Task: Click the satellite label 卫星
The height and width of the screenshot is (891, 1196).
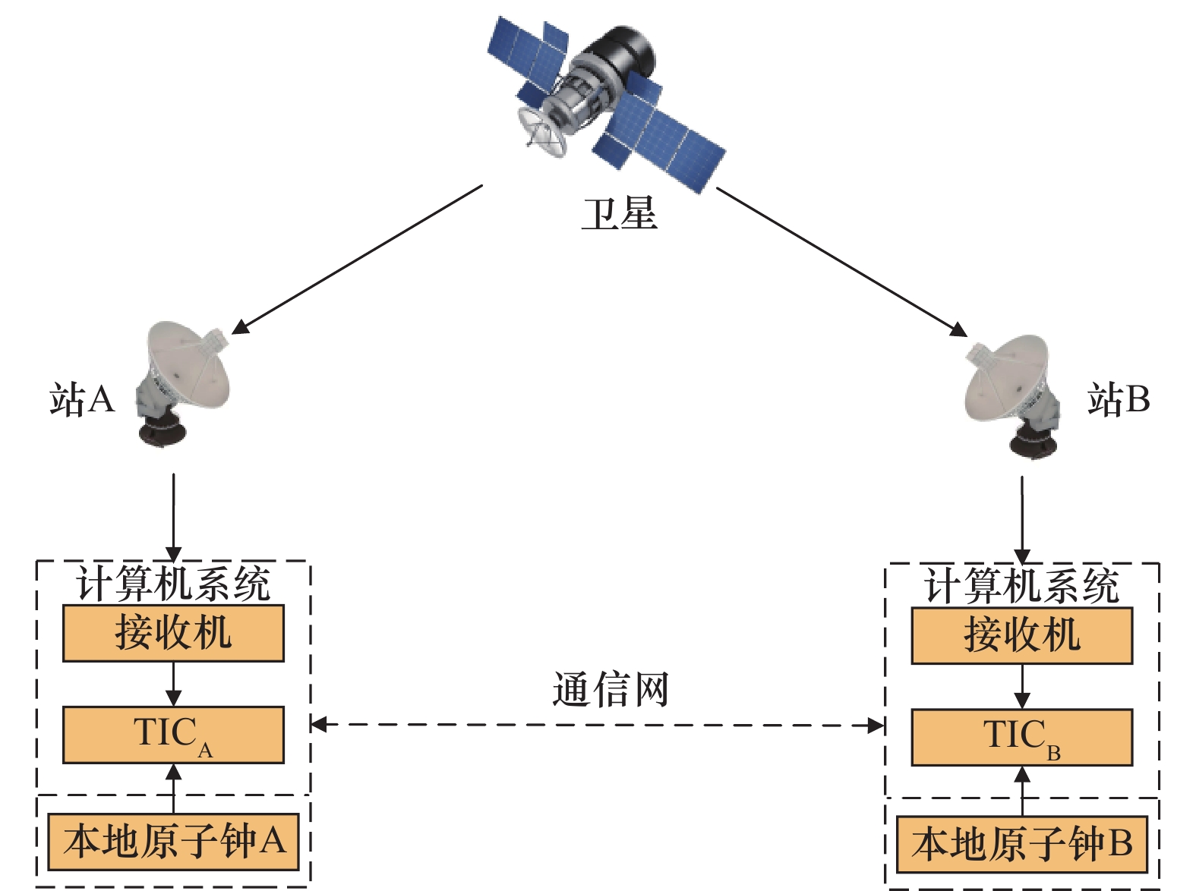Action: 620,214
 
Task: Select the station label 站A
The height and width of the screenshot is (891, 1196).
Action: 82,400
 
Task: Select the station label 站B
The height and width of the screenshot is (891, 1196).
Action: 1119,400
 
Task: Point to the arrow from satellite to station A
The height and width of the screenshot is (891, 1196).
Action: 358,260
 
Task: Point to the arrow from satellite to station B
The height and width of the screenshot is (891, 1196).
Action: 842,262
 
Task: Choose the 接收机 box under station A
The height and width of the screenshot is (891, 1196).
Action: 173,634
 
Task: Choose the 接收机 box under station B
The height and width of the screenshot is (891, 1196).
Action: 1022,635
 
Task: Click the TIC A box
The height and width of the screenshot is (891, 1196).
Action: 173,735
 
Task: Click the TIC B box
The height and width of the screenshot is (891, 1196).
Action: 1022,738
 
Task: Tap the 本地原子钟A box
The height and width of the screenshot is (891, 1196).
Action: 173,842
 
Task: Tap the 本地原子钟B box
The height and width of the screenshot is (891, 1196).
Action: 1022,844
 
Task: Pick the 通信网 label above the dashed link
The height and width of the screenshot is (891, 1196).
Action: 611,689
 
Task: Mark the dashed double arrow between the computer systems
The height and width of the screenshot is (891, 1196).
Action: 597,725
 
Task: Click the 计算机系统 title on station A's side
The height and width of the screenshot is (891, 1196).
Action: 173,584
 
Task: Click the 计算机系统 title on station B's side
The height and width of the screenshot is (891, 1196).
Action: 1022,586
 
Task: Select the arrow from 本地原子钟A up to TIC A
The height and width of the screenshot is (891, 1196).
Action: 173,789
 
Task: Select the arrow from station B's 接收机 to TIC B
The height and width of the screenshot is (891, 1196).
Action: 1022,686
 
